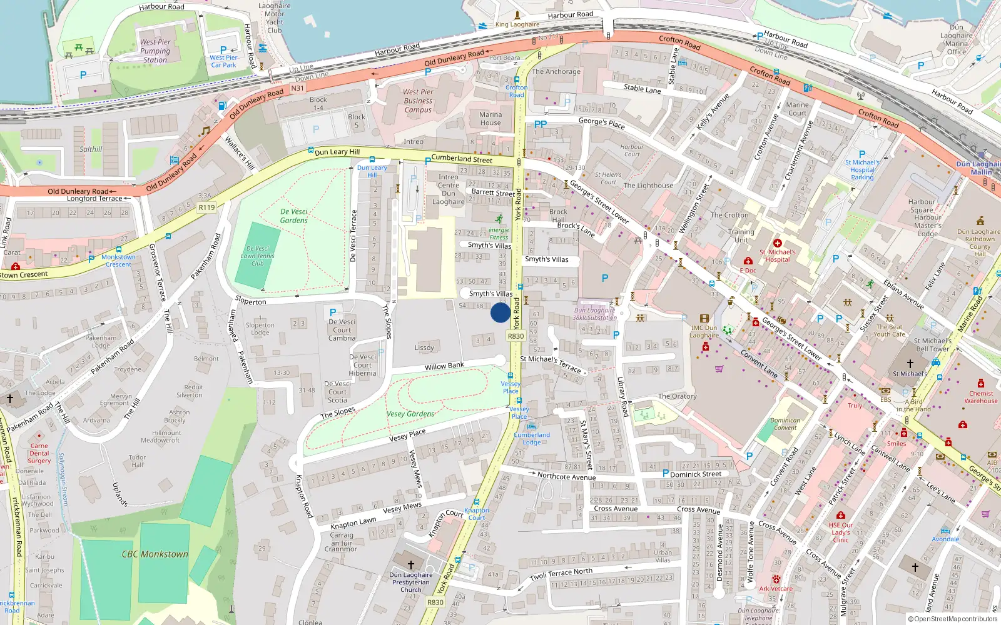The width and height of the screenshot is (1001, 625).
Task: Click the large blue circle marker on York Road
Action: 500,312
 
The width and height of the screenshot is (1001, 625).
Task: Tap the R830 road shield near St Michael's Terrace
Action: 516,336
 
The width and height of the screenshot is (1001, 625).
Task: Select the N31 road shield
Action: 297,88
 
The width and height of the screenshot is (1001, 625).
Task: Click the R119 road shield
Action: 206,207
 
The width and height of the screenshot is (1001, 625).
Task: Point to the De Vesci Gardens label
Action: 293,216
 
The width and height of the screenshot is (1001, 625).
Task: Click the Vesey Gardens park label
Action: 410,414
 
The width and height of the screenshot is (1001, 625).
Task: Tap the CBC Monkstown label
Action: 155,554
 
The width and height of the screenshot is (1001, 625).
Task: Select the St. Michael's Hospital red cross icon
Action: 777,243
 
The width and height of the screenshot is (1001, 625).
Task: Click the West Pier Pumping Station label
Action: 155,51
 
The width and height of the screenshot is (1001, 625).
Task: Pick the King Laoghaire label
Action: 517,24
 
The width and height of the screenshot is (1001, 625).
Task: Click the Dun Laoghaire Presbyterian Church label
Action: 410,582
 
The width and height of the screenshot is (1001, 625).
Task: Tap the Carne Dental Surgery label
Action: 39,453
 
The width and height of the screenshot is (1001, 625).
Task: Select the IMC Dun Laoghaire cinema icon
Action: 704,319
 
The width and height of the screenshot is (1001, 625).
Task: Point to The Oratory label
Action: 677,396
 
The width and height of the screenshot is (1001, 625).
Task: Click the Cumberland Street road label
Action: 462,159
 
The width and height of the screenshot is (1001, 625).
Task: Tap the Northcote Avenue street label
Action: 566,476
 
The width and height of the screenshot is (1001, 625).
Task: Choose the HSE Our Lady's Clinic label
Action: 840,532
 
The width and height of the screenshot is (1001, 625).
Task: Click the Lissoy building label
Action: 424,347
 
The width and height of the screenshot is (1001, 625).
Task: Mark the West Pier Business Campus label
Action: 418,101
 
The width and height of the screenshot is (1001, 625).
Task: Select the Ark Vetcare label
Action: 775,589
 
